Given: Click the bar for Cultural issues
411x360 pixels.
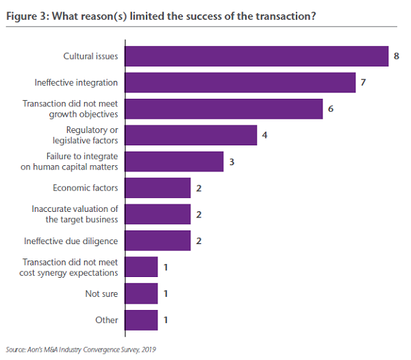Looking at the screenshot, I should coord(257,56).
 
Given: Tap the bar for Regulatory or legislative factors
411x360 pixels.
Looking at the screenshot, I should coord(191,135).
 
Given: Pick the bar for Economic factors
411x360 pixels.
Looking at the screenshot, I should coord(158,188).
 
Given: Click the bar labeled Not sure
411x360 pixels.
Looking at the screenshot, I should coord(142,293).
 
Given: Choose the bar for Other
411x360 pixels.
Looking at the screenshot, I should coord(142,320).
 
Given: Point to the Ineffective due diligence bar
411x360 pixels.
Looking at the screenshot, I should coord(158,241).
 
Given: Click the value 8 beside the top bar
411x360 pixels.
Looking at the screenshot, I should coord(397,56).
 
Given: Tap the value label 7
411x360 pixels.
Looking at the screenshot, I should coord(363,82).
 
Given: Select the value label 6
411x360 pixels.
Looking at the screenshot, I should coord(330,109).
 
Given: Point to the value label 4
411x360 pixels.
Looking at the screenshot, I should coord(264,135).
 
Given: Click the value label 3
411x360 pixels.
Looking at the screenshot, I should coord(231,162).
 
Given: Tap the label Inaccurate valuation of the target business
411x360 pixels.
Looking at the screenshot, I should coord(75,214).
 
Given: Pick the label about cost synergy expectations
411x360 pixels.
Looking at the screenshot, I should coord(70,267).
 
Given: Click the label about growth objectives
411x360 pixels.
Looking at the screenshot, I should coord(70,109).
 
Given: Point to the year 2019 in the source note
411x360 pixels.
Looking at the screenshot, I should coord(148,349).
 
